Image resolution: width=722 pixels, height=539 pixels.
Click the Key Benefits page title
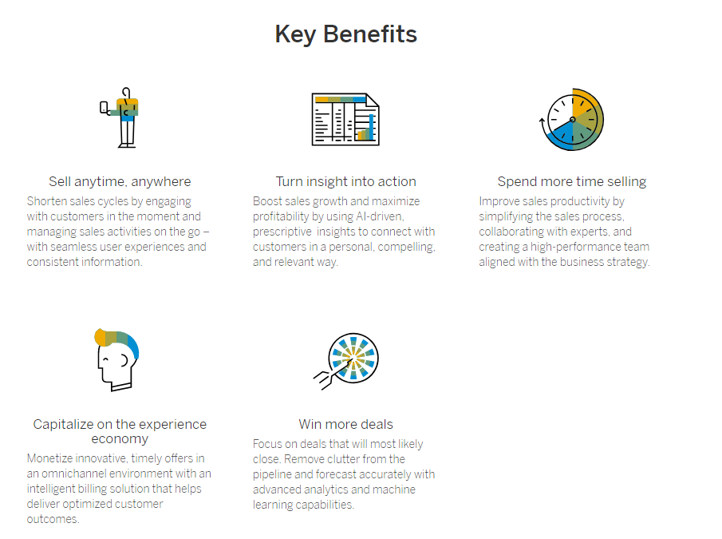click(x=345, y=34)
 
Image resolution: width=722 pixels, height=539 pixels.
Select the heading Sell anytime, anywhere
click(x=120, y=181)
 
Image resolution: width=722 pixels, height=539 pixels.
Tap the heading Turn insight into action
click(x=345, y=181)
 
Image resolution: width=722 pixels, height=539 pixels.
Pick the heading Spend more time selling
click(x=572, y=181)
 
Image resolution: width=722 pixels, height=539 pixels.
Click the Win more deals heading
click(x=345, y=424)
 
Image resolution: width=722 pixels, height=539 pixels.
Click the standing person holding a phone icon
click(x=120, y=117)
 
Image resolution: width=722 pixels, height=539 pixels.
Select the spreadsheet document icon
click(x=345, y=119)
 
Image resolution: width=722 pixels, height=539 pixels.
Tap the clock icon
click(x=571, y=119)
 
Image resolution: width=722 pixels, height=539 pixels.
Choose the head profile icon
click(x=116, y=360)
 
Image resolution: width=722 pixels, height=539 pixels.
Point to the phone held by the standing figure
click(x=104, y=108)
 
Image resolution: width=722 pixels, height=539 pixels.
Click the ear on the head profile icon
click(x=124, y=360)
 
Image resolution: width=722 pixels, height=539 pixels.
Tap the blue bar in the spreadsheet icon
click(x=371, y=127)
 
